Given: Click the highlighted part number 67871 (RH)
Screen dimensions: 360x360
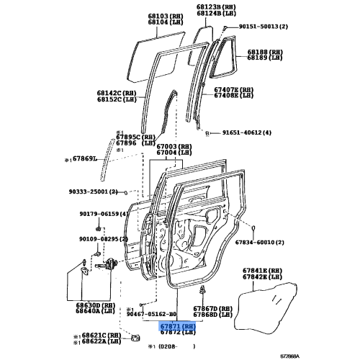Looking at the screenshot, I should (x=177, y=326).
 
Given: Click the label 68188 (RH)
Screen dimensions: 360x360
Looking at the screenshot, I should (x=267, y=53).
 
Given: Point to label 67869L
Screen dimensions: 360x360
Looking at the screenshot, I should (x=85, y=159).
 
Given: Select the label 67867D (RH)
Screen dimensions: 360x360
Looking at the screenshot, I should (x=217, y=307).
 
